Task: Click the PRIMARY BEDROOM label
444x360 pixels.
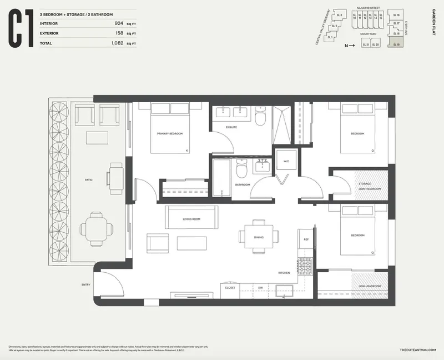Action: point(170,134)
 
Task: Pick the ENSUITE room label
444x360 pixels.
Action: point(231,127)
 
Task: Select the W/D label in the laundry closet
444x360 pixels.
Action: point(286,162)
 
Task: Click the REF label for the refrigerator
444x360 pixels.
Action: point(306,239)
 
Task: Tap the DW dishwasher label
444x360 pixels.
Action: point(260,287)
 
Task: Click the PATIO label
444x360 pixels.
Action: point(89,180)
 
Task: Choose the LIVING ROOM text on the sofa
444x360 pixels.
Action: point(191,219)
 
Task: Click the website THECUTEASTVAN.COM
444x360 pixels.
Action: point(418,349)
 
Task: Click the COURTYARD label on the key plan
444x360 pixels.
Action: point(368,34)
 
